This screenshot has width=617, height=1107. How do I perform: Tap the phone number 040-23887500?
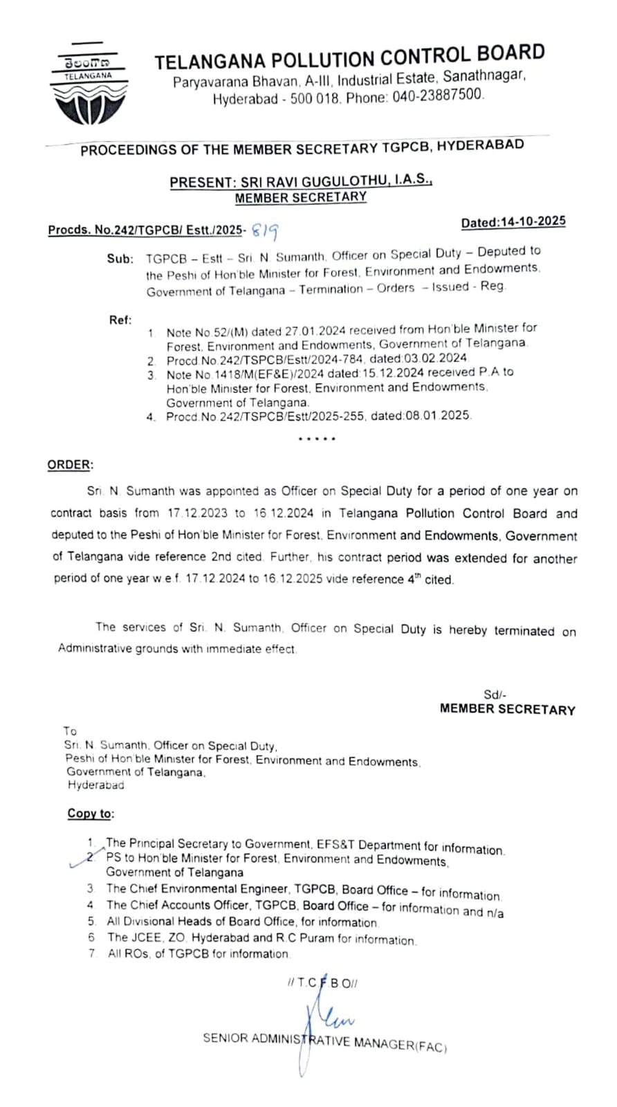pos(438,96)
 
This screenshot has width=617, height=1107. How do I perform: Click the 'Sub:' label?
pos(120,259)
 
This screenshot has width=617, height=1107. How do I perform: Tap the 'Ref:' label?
pos(120,320)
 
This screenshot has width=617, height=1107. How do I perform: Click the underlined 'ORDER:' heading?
pos(70,465)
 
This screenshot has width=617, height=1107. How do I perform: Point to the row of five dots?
pos(317,439)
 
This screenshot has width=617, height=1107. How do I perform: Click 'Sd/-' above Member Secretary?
pos(496,695)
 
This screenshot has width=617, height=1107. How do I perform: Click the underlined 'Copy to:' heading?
pos(91,814)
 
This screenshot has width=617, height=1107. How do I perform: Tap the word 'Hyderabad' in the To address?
pos(96,785)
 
